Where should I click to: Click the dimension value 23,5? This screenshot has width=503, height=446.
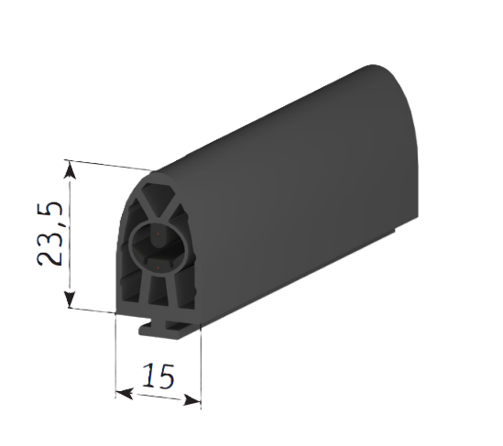49,234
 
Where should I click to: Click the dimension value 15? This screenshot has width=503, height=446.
159,375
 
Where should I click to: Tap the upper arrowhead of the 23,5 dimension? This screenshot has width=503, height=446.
70,170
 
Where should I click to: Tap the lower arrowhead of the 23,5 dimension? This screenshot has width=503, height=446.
70,299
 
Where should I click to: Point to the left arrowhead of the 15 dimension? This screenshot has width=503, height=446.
125,394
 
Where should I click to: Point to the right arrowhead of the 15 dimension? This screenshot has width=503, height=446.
191,400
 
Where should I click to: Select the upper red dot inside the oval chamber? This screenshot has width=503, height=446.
159,234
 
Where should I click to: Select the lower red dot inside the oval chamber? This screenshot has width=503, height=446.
159,267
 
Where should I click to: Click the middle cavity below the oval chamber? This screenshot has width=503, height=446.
158,291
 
